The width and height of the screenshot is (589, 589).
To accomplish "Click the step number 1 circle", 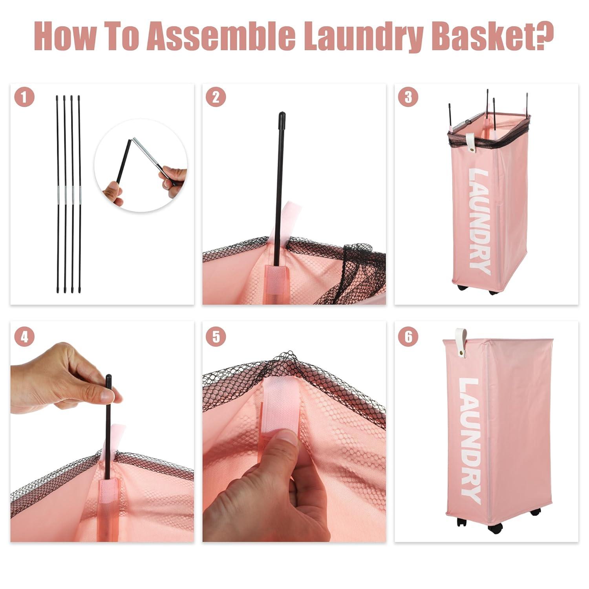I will (x=24, y=97).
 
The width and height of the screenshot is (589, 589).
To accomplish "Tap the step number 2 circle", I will (x=216, y=97).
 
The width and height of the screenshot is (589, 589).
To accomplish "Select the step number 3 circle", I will (x=408, y=97).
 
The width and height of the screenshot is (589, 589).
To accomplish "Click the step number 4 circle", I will (x=24, y=337).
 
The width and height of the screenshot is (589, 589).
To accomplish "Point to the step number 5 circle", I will (x=216, y=337).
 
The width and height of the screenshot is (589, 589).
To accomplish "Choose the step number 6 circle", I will (x=408, y=337).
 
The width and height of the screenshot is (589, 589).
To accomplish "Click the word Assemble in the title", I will (x=223, y=36).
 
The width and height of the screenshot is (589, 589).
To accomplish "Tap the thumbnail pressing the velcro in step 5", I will (x=286, y=437).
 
